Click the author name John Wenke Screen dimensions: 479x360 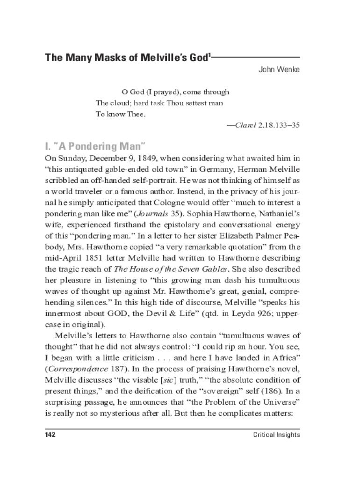pos(279,70)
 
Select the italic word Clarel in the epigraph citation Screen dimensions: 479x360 pos(245,125)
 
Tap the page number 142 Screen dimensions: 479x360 pos(50,435)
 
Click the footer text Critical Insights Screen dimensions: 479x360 pos(276,435)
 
